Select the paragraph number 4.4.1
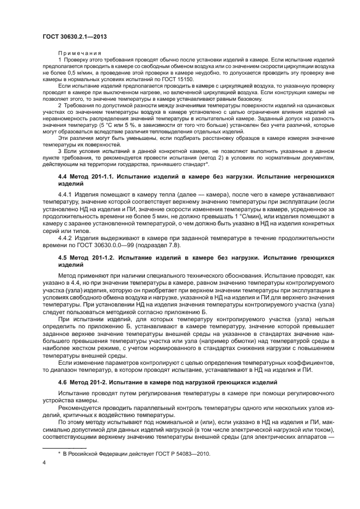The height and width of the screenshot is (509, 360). (66, 193)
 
